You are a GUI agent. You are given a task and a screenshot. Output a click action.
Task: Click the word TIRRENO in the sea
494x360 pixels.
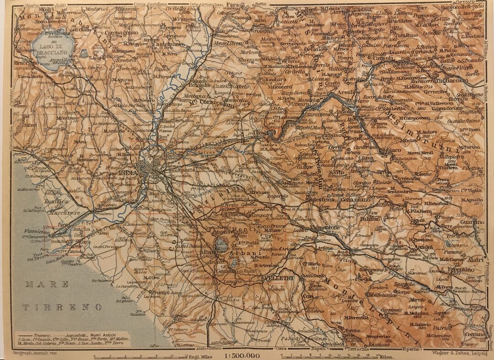pyautogui.click(x=63, y=307)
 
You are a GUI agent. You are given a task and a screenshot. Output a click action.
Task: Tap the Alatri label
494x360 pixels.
pyautogui.click(x=475, y=260)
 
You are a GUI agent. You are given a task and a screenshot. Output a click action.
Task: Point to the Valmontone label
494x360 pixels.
pyautogui.click(x=325, y=227)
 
